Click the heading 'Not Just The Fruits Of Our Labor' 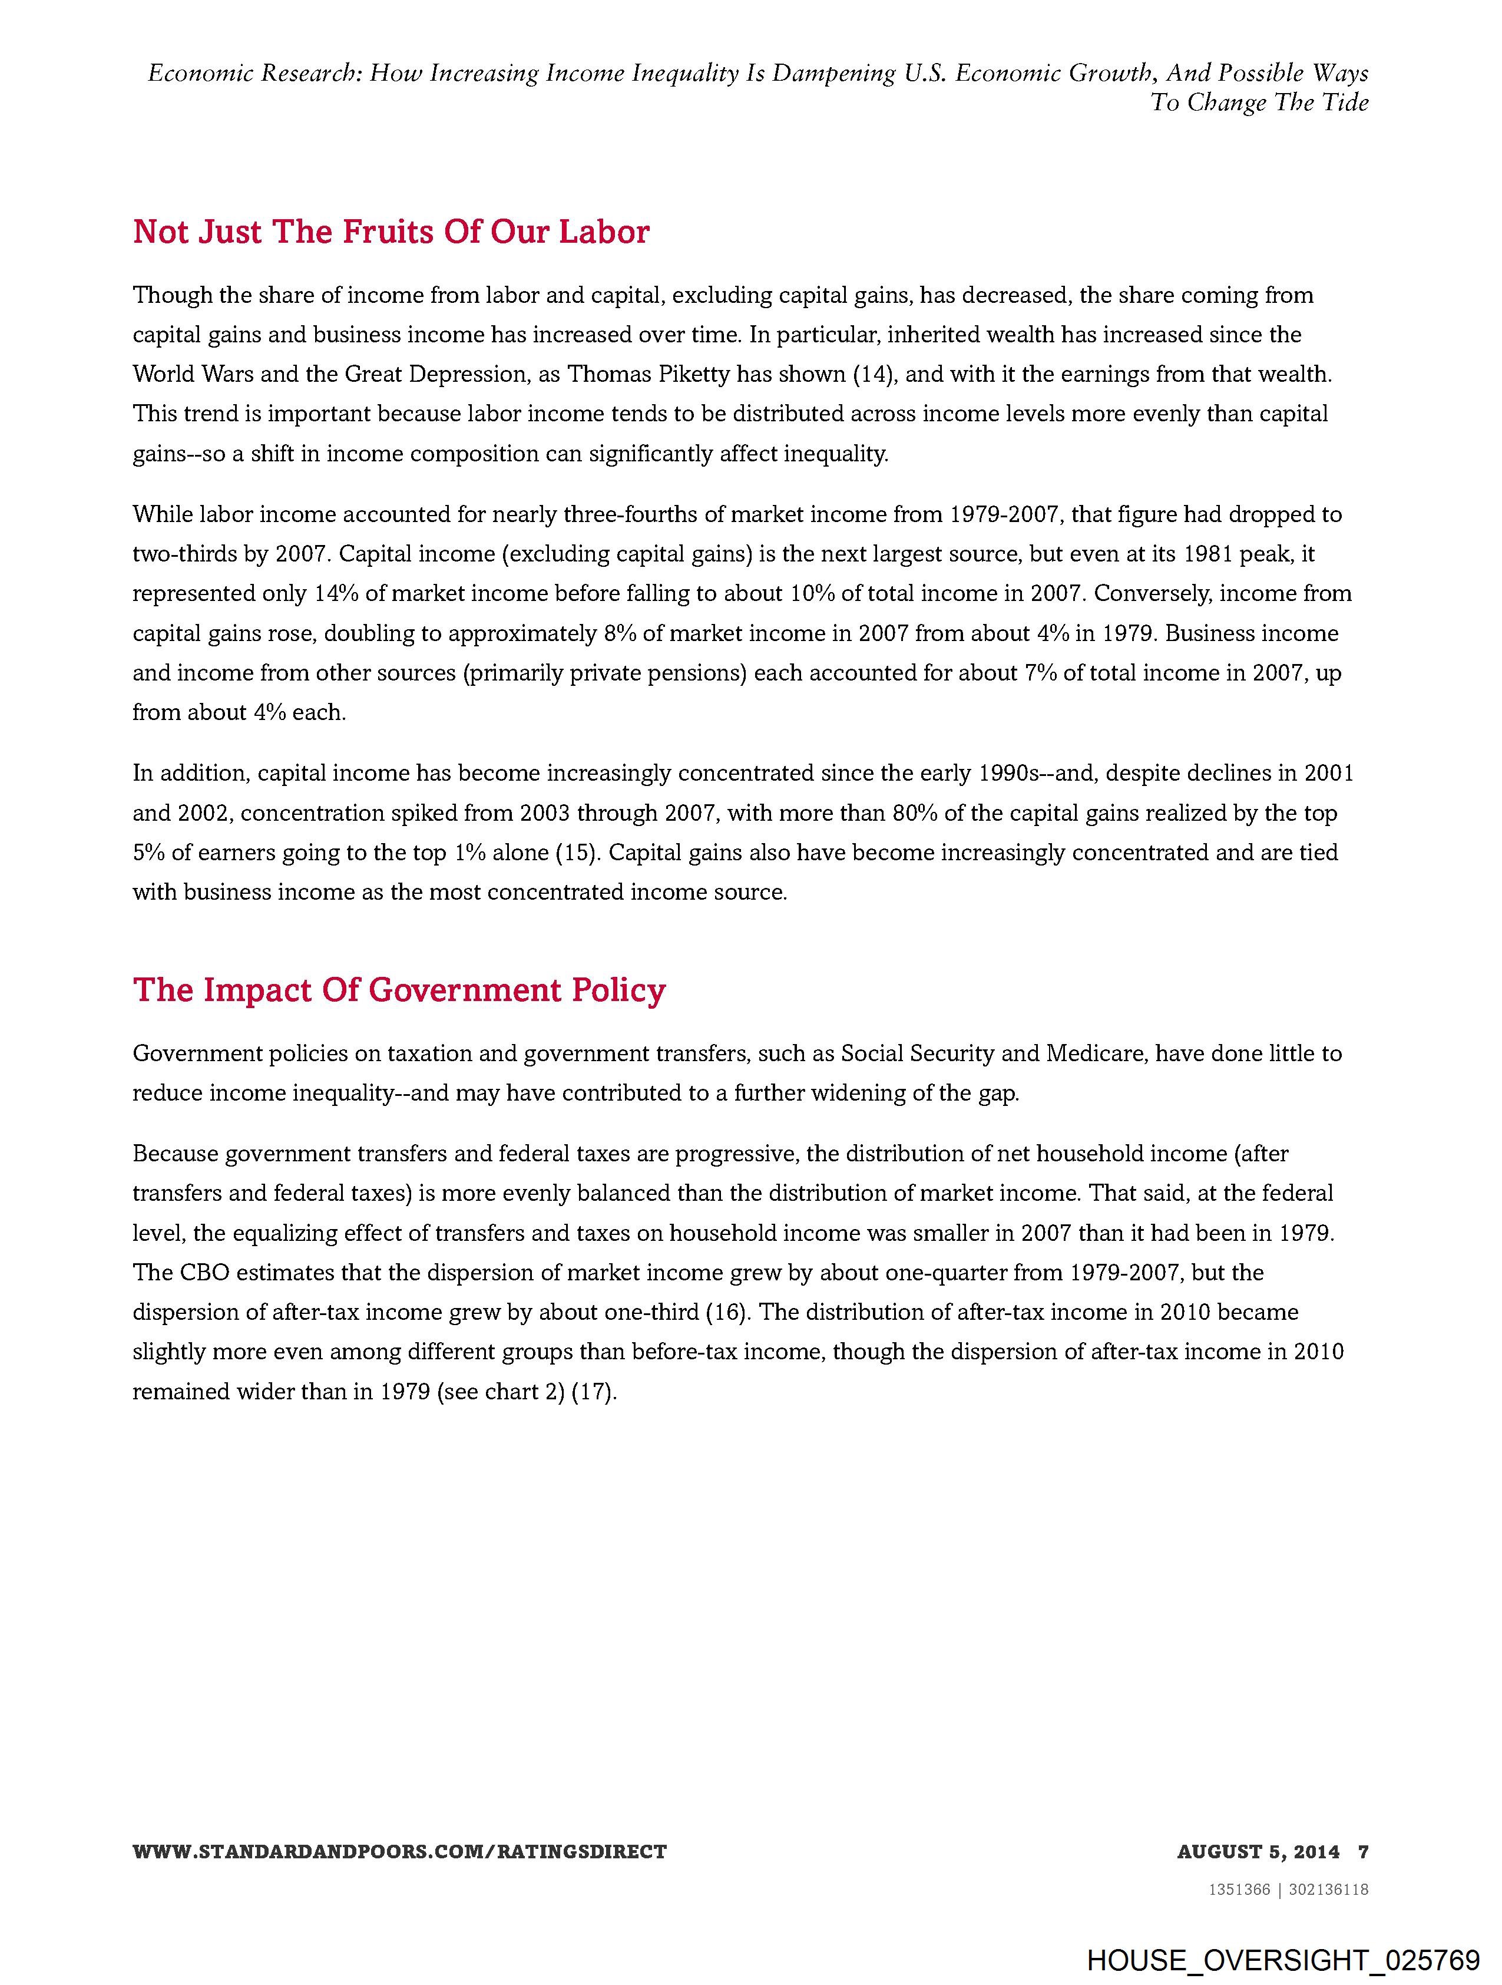tap(391, 232)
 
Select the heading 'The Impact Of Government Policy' tap(399, 990)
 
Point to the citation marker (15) tap(576, 853)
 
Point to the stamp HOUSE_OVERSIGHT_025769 tap(1283, 1959)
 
